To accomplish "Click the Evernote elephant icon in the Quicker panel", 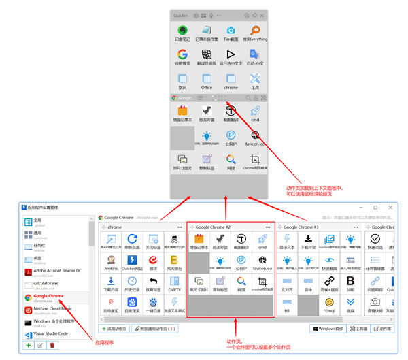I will pyautogui.click(x=182, y=31).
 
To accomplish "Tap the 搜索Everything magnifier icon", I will pyautogui.click(x=255, y=31).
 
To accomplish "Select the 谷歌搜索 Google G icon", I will pyautogui.click(x=182, y=54).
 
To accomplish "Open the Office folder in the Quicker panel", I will pyautogui.click(x=207, y=79).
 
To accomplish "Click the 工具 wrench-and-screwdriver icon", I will pyautogui.click(x=255, y=79).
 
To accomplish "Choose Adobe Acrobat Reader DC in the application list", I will pyautogui.click(x=56, y=271).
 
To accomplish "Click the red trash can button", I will pyautogui.click(x=52, y=346).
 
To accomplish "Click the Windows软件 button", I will pyautogui.click(x=328, y=329).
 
